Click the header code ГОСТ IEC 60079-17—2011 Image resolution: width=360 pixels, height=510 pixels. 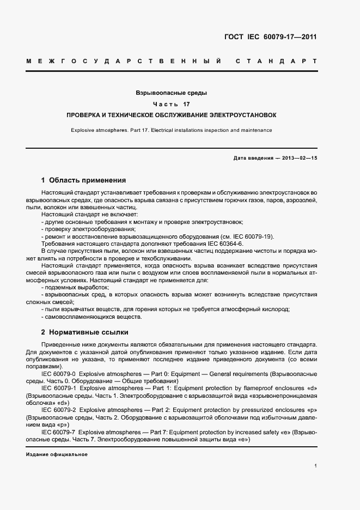[x=270, y=38]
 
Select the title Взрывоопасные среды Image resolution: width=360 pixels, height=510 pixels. [x=171, y=93]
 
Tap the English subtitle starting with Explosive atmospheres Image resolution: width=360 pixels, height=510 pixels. [x=171, y=130]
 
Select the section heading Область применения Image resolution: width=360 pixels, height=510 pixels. [x=88, y=180]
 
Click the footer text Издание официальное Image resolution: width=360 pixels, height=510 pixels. [x=57, y=454]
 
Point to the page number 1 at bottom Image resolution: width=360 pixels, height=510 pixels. [x=316, y=466]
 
